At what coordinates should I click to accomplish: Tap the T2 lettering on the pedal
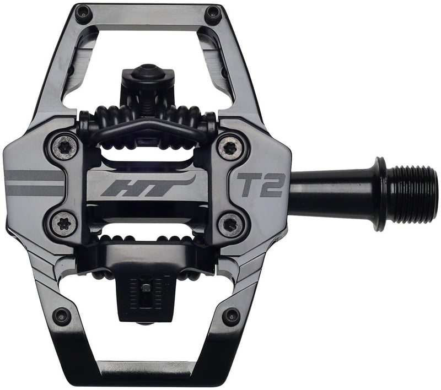click(x=261, y=186)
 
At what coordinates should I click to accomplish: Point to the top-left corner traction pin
click(x=84, y=14)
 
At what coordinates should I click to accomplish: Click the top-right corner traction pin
click(x=213, y=14)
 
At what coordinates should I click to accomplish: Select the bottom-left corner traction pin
click(x=62, y=316)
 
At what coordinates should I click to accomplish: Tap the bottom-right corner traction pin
click(x=231, y=316)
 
